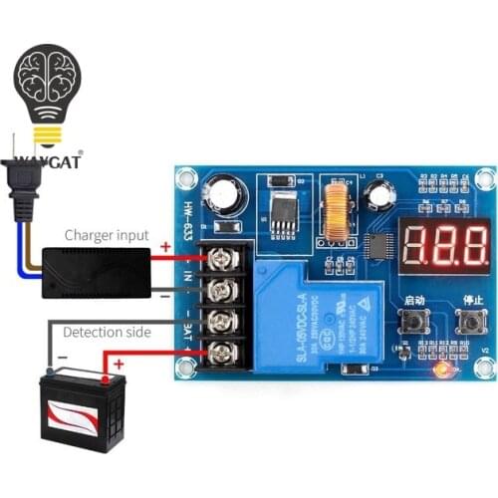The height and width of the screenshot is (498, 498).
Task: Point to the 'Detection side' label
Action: point(107,332)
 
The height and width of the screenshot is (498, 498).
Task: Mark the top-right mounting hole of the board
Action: point(485,178)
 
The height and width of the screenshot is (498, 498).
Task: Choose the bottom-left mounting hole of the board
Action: point(185,373)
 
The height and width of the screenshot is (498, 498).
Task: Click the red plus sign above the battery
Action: point(121,365)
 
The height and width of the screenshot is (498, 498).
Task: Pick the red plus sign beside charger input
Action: point(165,248)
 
